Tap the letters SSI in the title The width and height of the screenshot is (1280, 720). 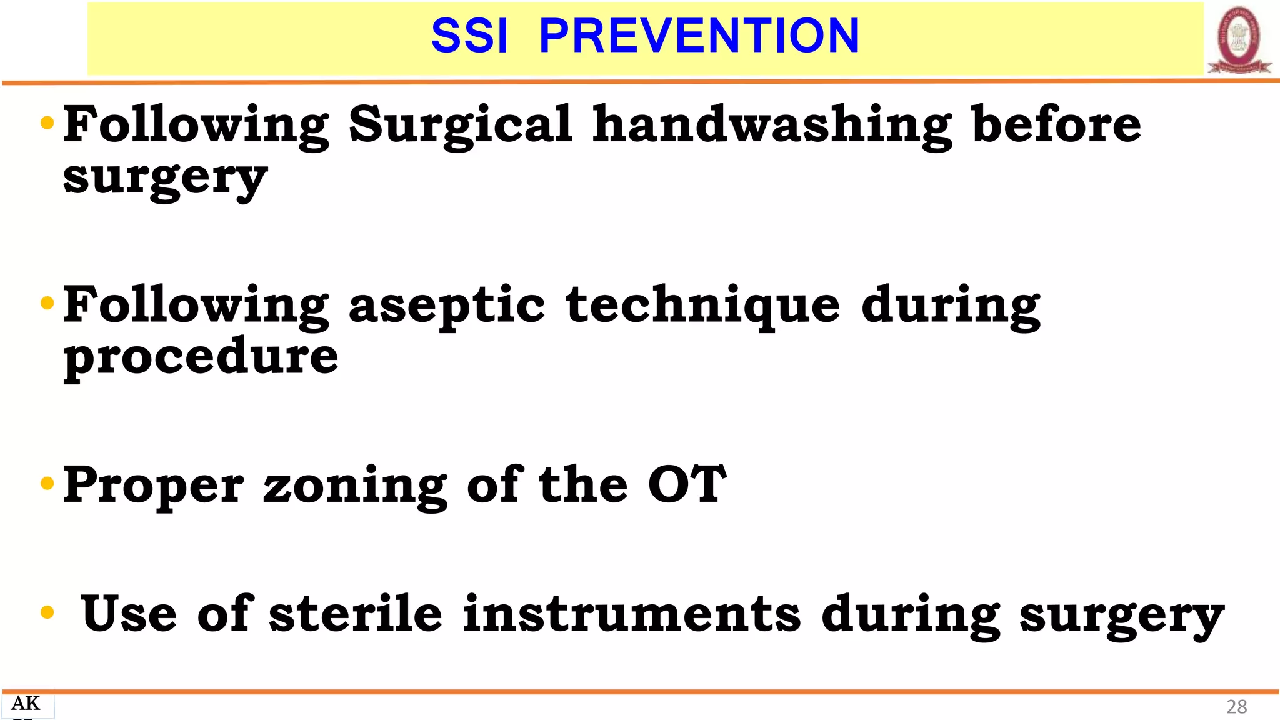click(470, 36)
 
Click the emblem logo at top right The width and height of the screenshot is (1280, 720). click(1239, 40)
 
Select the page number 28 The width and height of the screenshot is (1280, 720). click(1236, 707)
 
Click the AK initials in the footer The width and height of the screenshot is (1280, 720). click(26, 704)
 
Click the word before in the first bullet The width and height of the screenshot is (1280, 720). click(1056, 124)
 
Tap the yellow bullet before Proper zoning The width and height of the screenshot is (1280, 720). click(47, 484)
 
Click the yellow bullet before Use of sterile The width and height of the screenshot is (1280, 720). click(47, 612)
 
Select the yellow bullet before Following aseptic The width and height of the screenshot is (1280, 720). click(47, 304)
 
